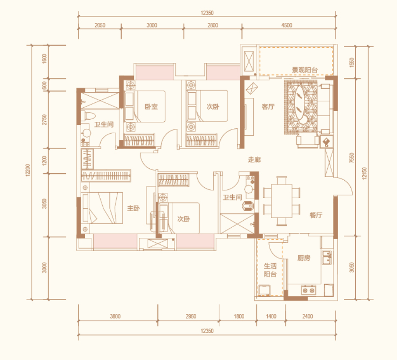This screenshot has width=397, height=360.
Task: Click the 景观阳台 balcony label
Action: (x=305, y=70)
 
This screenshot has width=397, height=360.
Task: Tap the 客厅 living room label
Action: (x=268, y=107)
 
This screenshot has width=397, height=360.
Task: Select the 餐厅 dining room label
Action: (x=316, y=215)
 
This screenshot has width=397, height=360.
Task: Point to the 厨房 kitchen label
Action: (x=303, y=258)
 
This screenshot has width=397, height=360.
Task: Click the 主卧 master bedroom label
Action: (x=133, y=208)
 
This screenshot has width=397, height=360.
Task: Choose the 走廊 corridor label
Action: (x=254, y=160)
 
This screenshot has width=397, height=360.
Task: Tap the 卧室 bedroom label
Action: (x=151, y=107)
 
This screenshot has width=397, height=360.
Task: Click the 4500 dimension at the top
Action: (x=287, y=25)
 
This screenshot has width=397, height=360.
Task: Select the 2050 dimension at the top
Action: (x=100, y=25)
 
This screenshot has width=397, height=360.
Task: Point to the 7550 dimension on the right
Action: (x=351, y=157)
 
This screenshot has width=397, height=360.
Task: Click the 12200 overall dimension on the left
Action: (x=28, y=170)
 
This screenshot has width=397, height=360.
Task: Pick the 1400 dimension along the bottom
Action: (x=271, y=316)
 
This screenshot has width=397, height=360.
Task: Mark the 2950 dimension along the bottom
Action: (x=191, y=316)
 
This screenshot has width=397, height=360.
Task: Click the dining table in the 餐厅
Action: (x=282, y=201)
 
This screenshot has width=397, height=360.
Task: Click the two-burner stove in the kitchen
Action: (x=309, y=290)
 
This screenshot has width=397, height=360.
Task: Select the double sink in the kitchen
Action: (x=327, y=258)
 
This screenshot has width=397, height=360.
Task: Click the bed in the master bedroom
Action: (x=103, y=208)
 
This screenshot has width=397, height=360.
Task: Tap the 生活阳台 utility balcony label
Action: (x=270, y=270)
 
